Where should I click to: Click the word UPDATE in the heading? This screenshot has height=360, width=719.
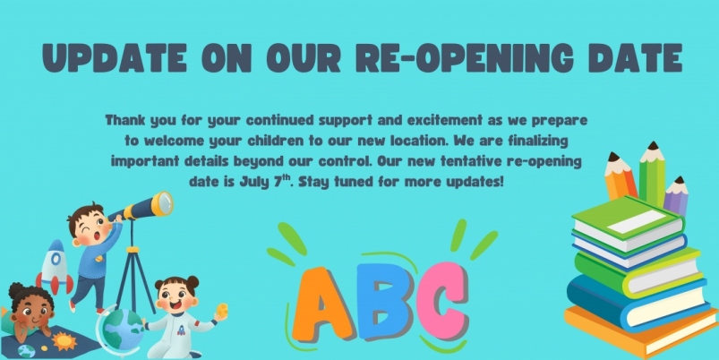(115, 58)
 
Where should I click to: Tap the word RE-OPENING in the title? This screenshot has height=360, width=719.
(465, 58)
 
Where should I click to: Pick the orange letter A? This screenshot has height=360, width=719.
(321, 305)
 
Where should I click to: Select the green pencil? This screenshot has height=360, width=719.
(652, 174)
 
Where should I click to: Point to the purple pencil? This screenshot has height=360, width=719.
(677, 195)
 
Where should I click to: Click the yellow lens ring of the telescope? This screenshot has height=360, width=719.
(163, 203)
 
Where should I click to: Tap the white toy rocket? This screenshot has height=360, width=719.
(55, 267)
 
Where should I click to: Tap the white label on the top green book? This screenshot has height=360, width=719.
(637, 221)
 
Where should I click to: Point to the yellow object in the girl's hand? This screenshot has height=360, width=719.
(222, 310)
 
